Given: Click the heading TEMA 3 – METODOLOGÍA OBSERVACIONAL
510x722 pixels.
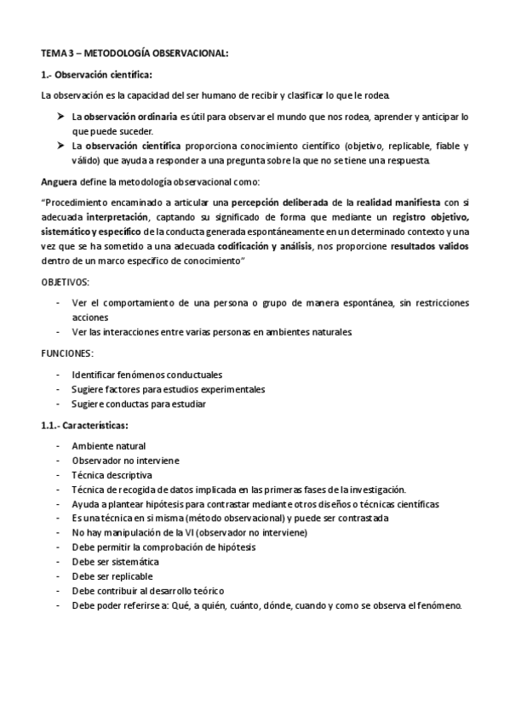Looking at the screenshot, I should point(135,54).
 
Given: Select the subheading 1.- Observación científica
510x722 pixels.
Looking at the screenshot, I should point(96,75).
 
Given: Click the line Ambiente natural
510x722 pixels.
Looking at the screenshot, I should point(108,445).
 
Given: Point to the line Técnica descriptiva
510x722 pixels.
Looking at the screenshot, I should point(112,474).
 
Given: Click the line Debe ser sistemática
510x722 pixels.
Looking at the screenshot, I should point(115,562).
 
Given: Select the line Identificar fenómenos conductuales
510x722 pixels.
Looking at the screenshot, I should point(147,374).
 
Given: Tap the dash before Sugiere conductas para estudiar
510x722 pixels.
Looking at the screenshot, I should point(57,404).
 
